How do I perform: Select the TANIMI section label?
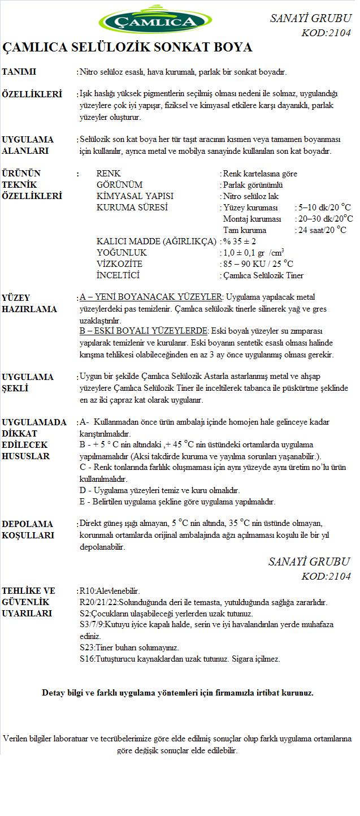[19, 72]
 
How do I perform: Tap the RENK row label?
[109, 174]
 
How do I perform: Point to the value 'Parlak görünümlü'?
[253, 185]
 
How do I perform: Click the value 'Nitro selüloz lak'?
[251, 196]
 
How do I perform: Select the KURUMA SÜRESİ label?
[132, 208]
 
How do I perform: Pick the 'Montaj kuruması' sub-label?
[252, 219]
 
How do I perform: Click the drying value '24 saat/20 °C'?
[323, 230]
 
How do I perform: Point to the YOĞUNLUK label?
[122, 253]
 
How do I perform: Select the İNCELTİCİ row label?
[118, 275]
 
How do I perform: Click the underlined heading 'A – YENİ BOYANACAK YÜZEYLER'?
[152, 297]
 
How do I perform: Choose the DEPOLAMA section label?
[28, 524]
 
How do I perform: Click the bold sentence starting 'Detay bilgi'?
[177, 693]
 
